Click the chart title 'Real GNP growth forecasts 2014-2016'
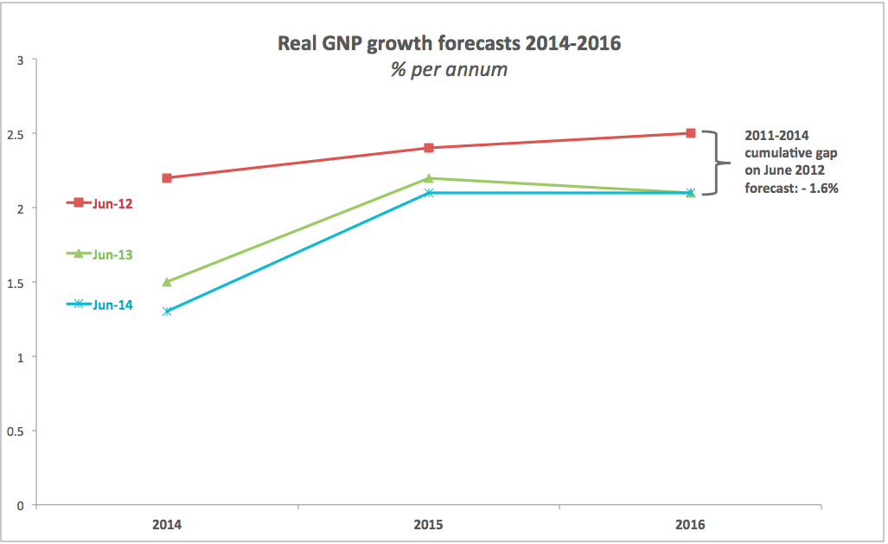pyautogui.click(x=449, y=43)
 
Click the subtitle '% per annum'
pyautogui.click(x=449, y=69)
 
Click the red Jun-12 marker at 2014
pyautogui.click(x=167, y=177)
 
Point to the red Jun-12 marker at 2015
pyautogui.click(x=429, y=148)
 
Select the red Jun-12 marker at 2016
pyautogui.click(x=691, y=133)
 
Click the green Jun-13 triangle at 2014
pyautogui.click(x=167, y=282)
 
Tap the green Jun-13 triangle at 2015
pyautogui.click(x=429, y=177)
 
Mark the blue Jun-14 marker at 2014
pyautogui.click(x=167, y=311)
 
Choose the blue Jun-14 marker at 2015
pyautogui.click(x=429, y=192)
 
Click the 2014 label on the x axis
pyautogui.click(x=166, y=524)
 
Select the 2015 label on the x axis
pyautogui.click(x=429, y=524)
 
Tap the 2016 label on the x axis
pyautogui.click(x=691, y=524)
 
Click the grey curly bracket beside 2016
pyautogui.click(x=713, y=163)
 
